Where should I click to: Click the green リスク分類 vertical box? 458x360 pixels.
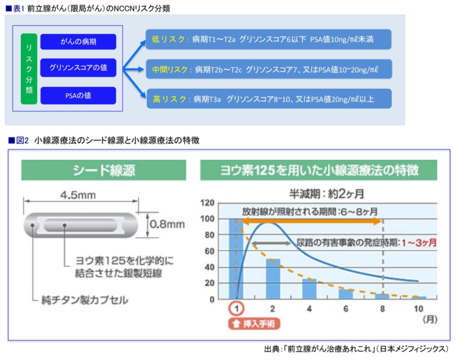click(x=29, y=69)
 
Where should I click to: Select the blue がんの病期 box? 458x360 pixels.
click(x=78, y=42)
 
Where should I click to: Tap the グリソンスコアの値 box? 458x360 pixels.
click(x=78, y=68)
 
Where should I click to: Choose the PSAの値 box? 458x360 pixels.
click(x=78, y=95)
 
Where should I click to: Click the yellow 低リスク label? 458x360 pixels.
click(x=168, y=39)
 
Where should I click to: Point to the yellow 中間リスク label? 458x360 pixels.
click(x=170, y=70)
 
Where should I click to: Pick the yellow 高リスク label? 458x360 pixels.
click(x=169, y=100)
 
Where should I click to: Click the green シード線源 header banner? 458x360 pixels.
click(x=104, y=170)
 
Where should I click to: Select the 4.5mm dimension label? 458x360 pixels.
click(x=78, y=195)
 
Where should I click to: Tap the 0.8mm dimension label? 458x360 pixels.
click(x=168, y=224)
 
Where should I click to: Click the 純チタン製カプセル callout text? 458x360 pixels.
click(x=85, y=300)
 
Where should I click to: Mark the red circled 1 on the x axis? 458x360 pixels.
click(x=236, y=309)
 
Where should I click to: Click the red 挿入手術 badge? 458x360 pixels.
click(x=254, y=324)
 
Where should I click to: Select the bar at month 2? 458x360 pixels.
click(x=273, y=279)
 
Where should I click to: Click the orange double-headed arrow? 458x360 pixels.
click(x=312, y=221)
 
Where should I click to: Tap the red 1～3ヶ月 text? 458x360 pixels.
click(x=419, y=243)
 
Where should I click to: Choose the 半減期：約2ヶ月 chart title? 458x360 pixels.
click(x=327, y=194)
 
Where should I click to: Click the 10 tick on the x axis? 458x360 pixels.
click(x=419, y=309)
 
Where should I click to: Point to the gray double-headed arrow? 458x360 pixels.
click(x=271, y=243)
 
